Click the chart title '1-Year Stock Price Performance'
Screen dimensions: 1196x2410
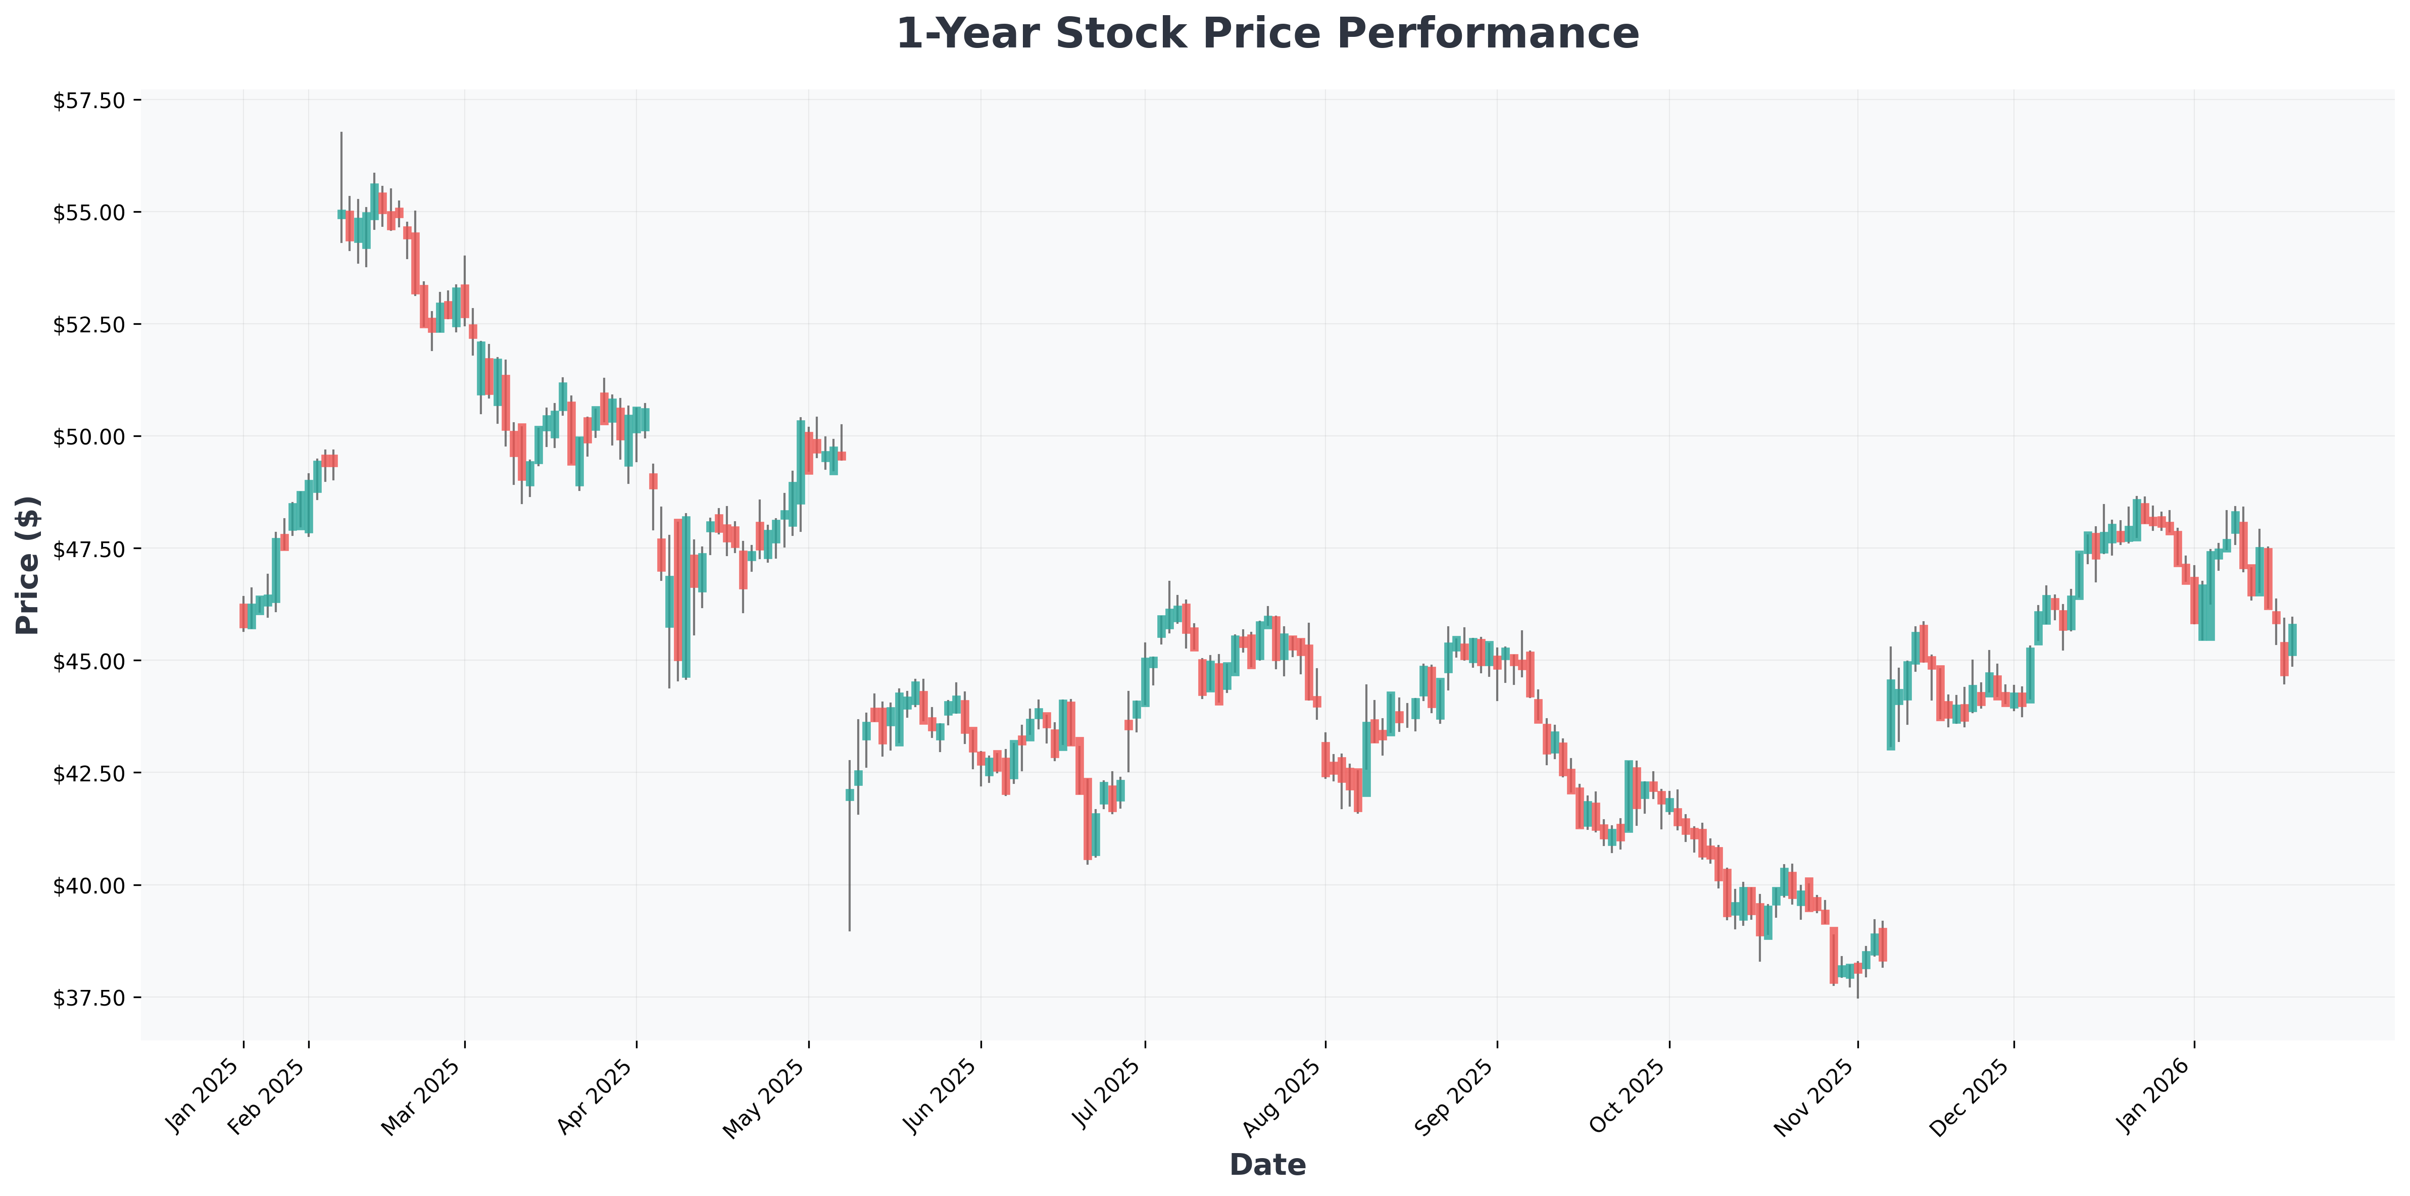1267,35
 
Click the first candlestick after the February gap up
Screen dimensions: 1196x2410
341,214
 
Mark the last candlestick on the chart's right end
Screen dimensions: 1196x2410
2292,639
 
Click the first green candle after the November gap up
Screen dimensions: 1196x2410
1891,715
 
